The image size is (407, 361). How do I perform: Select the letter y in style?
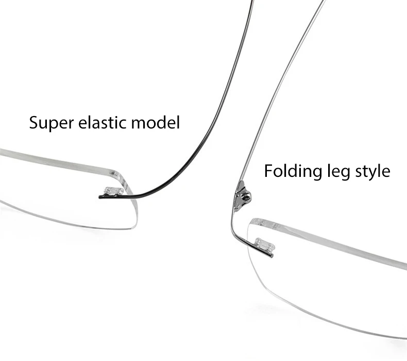click(x=369, y=173)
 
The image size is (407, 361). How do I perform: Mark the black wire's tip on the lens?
click(x=101, y=196)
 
